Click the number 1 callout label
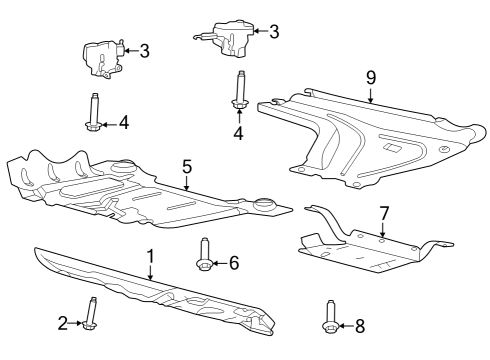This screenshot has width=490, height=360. click(151, 256)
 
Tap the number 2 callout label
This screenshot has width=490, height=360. click(62, 322)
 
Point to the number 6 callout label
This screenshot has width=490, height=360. click(233, 263)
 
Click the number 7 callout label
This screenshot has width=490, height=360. click(381, 214)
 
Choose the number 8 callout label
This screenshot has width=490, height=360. click(361, 325)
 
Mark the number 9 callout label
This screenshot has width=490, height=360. click(370, 76)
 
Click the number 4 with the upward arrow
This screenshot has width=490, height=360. click(239, 133)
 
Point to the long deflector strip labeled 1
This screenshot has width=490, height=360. click(150, 290)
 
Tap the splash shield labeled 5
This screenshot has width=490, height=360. click(150, 195)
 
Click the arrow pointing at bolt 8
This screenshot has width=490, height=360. click(347, 325)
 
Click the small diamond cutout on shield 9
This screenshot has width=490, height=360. click(394, 148)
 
